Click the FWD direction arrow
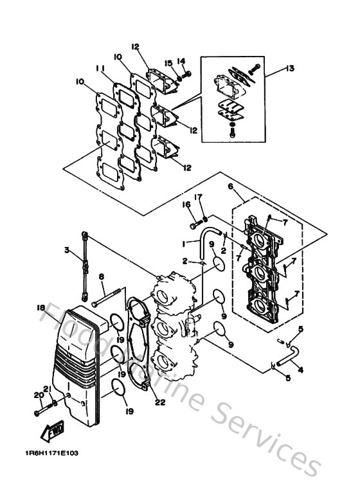[53, 431]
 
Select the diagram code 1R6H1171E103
[51, 453]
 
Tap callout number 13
[290, 68]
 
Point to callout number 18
[40, 307]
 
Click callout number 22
[160, 402]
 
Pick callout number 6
[231, 186]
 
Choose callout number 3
[67, 250]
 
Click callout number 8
[101, 276]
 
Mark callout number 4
[300, 370]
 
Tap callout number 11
[100, 68]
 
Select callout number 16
[186, 204]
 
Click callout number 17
[198, 197]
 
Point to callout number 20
[39, 395]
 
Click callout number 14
[181, 61]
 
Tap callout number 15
[168, 64]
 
